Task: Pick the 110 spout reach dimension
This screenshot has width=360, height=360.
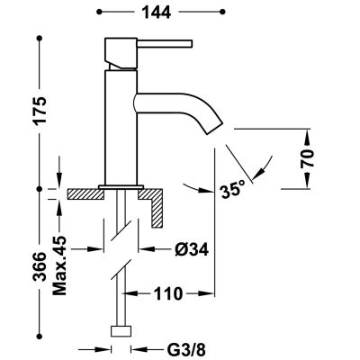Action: (x=168, y=293)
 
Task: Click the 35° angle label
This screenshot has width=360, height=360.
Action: (x=231, y=190)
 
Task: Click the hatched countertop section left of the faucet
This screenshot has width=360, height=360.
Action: (x=86, y=193)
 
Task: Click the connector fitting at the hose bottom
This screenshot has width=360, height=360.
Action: (x=119, y=331)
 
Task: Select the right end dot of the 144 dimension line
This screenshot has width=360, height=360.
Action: (x=213, y=14)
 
